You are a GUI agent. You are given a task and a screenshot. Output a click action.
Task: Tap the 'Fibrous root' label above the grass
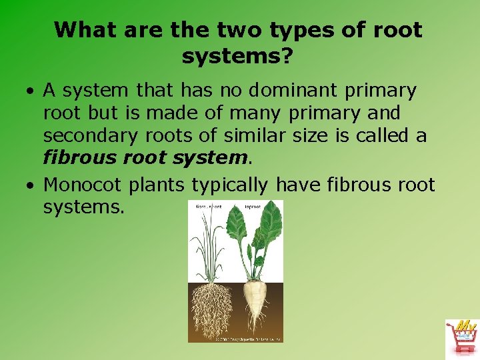[208, 207]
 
